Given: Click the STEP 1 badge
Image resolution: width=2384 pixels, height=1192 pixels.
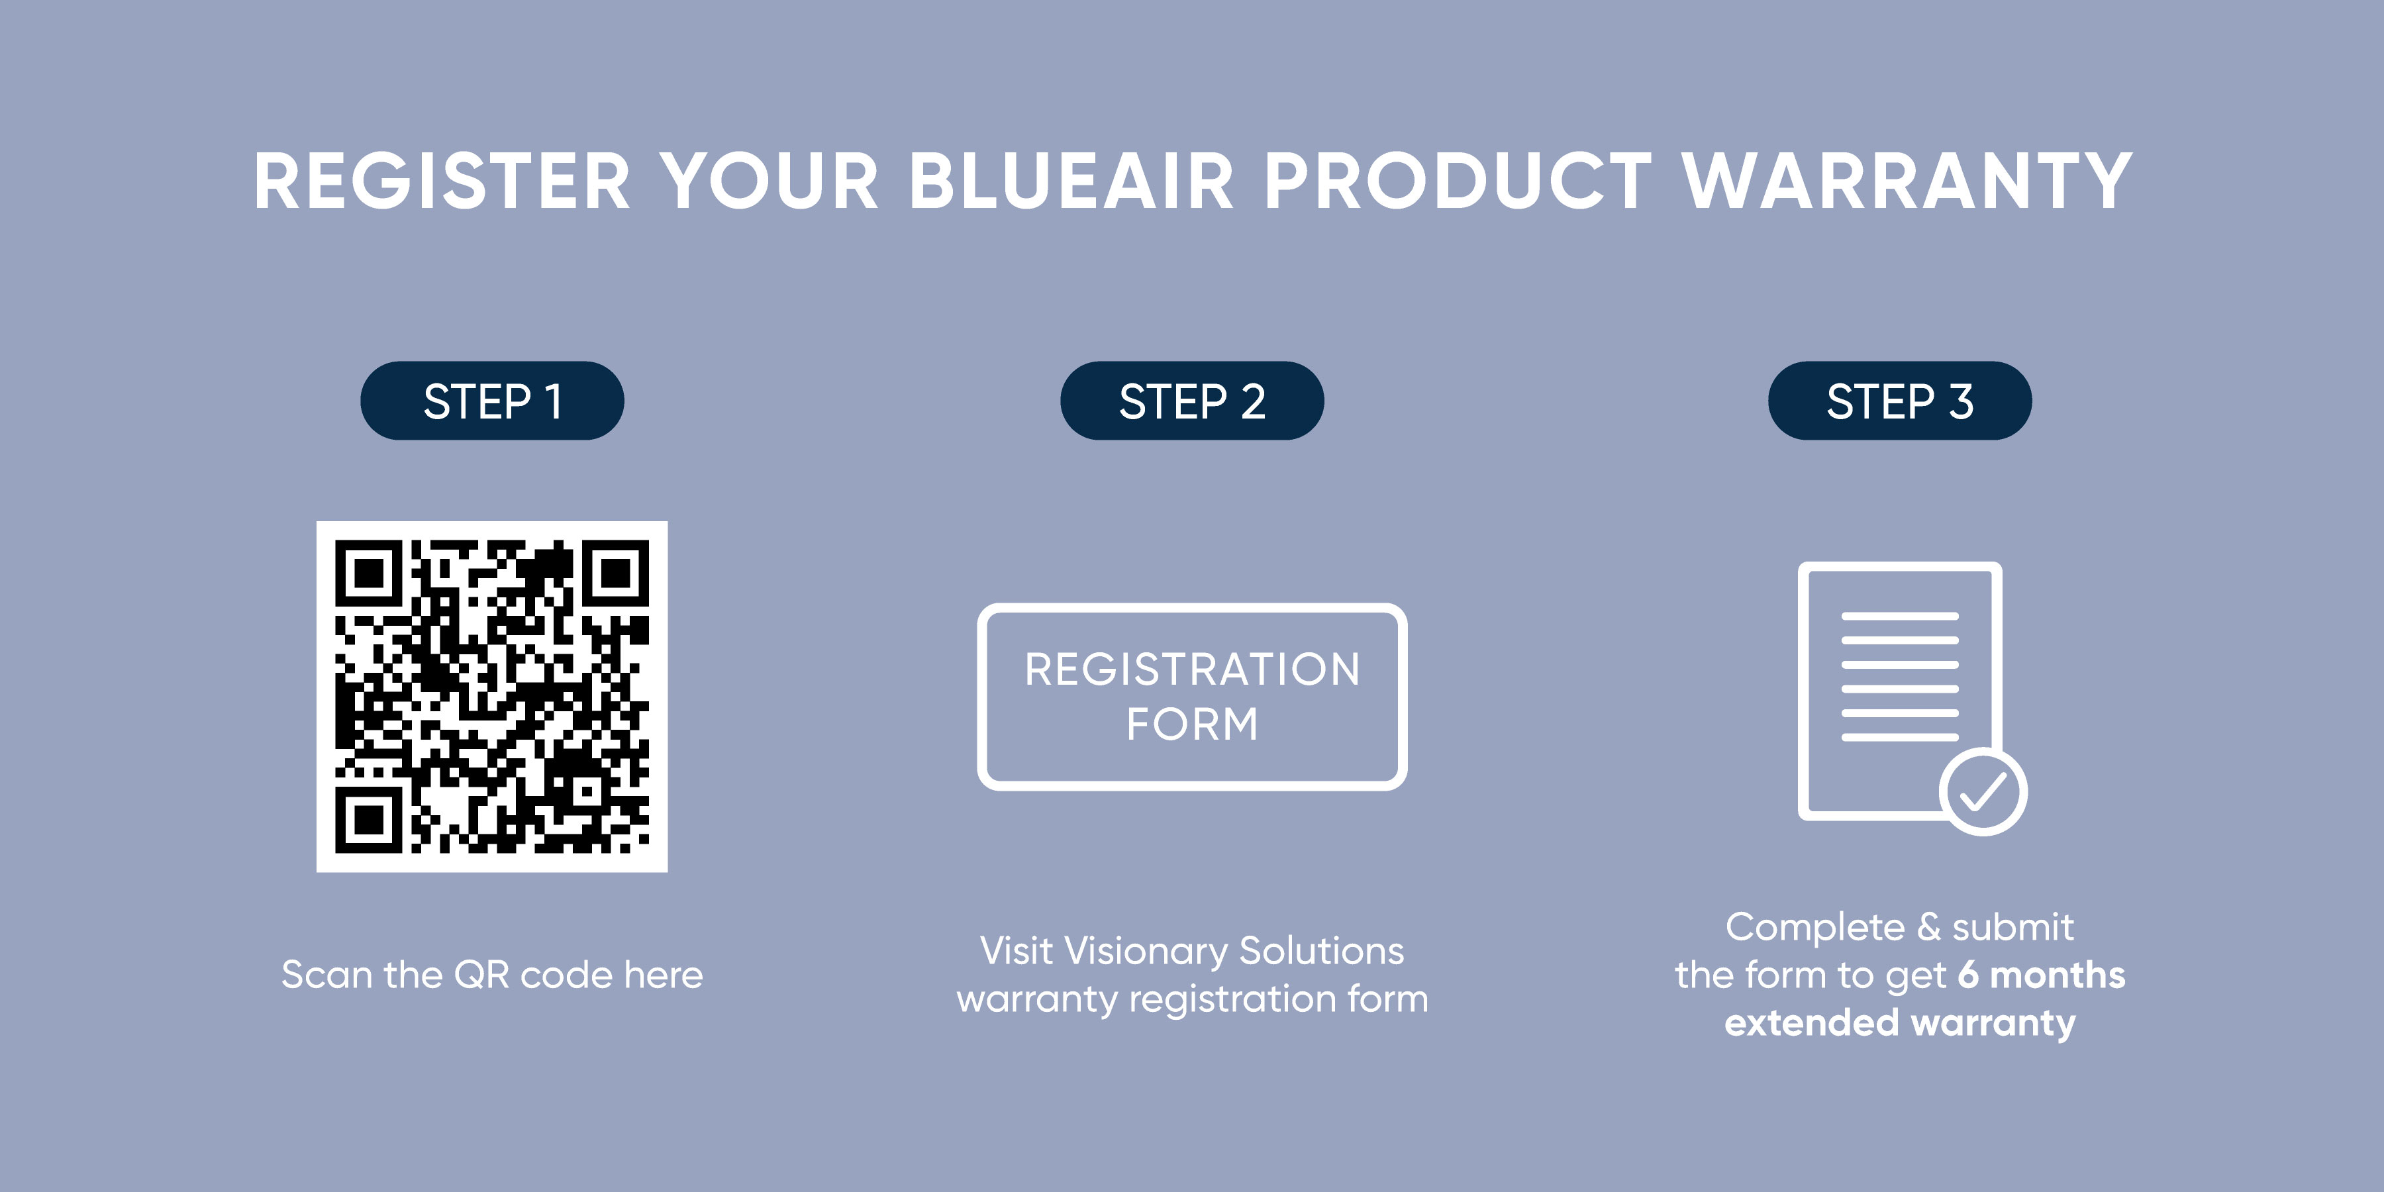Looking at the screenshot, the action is (x=492, y=401).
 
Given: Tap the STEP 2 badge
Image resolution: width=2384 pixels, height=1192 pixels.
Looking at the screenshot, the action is (x=1192, y=401).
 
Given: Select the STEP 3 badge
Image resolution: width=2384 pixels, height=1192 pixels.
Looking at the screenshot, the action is (x=1900, y=401).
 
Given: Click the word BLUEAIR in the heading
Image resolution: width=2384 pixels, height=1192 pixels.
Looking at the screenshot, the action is (x=1071, y=181).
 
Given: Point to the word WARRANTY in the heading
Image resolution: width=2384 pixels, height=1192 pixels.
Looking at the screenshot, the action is (x=1907, y=181).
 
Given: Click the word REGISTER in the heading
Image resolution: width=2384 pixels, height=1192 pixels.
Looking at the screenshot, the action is (x=442, y=181).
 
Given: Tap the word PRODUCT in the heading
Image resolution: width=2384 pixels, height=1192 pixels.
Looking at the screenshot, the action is (x=1457, y=181).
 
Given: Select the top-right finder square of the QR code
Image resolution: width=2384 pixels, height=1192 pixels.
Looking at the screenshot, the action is (x=615, y=573).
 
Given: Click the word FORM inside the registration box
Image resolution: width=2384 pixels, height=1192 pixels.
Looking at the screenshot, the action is (x=1192, y=724).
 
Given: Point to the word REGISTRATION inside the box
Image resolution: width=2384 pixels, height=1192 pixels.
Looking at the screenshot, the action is (x=1192, y=669).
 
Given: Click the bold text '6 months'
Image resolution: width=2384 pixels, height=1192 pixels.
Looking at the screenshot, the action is (x=2041, y=975).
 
